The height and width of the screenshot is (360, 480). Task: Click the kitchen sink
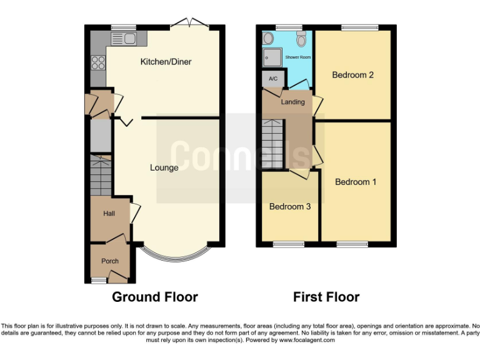coord(124,39)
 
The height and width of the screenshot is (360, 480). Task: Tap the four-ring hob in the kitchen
coord(98,62)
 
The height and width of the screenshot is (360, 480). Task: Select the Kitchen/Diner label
coord(166,62)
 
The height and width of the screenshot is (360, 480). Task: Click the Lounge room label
coord(164,167)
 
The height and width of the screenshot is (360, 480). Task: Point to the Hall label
coord(109,214)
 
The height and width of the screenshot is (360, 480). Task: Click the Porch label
coord(110,261)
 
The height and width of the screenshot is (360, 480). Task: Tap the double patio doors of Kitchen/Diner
coord(189,24)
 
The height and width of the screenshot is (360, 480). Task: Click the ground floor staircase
coord(101,177)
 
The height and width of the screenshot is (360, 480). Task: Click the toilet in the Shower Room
coord(301,40)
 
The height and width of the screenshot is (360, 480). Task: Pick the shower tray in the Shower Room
coord(271,57)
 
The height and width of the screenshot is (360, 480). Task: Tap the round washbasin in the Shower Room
coord(269,39)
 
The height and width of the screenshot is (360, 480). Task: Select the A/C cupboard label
coord(272,79)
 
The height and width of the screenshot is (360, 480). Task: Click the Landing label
coord(292,102)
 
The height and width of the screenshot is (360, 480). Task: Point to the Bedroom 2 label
coord(352,75)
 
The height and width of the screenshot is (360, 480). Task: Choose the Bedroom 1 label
coord(356,182)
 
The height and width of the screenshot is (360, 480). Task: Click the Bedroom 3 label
coord(289,206)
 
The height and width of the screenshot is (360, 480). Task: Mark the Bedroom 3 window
coord(287,244)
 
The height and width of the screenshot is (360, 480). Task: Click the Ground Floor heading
coord(154,297)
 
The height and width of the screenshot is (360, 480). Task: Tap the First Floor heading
coord(326,297)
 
